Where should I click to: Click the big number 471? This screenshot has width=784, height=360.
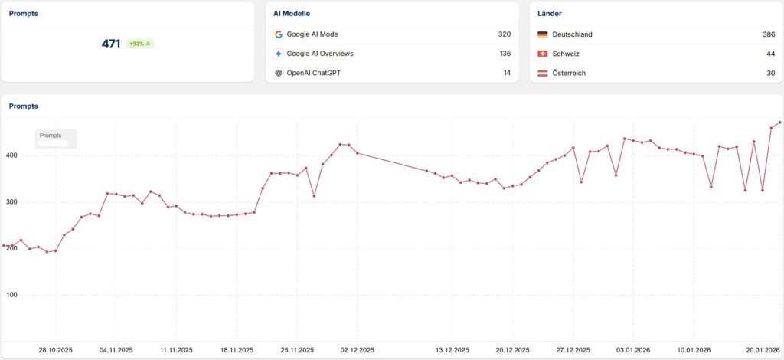click(111, 44)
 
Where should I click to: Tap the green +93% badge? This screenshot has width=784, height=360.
click(139, 44)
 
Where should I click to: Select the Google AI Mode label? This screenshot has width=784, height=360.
click(312, 34)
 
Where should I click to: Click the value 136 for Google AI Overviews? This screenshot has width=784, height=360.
click(505, 54)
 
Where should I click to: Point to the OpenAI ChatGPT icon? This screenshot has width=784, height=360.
click(279, 73)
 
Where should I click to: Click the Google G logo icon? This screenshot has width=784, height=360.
click(279, 34)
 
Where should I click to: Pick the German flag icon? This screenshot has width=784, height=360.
click(542, 34)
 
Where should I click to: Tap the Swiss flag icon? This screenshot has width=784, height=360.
click(542, 54)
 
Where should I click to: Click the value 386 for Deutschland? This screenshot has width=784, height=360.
click(769, 34)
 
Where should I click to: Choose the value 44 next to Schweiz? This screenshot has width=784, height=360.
click(770, 54)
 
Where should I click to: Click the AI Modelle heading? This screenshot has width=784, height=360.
click(292, 14)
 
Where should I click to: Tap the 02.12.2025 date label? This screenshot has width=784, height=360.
click(358, 350)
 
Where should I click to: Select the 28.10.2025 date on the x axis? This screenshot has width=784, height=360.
click(55, 350)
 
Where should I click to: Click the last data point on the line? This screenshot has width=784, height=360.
click(780, 123)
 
